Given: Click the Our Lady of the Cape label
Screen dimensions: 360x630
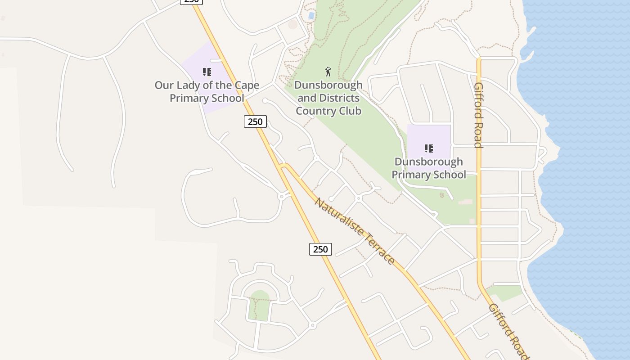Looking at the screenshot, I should click(207, 85).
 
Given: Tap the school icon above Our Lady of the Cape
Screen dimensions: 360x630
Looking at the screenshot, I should click(207, 72).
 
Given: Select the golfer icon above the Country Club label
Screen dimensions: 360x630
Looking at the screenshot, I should click(328, 72).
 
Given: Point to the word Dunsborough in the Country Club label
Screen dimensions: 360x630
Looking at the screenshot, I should click(328, 85).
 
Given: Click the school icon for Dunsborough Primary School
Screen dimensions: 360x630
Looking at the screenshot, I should click(429, 148).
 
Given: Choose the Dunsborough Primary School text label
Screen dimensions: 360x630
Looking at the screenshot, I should click(429, 168).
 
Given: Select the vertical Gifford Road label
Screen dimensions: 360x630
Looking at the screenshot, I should click(478, 115).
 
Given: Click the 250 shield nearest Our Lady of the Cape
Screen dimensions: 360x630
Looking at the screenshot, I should click(255, 121).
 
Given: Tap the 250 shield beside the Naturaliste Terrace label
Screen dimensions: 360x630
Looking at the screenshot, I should click(320, 249).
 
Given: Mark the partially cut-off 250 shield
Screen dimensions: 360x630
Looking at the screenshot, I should click(192, 1).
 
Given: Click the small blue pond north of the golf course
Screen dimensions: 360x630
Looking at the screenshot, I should click(311, 16).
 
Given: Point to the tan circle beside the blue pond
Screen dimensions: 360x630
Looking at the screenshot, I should click(293, 24).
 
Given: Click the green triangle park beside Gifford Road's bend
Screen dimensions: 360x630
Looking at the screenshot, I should click(504, 292).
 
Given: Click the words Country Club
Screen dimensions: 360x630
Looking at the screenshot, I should click(328, 111).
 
